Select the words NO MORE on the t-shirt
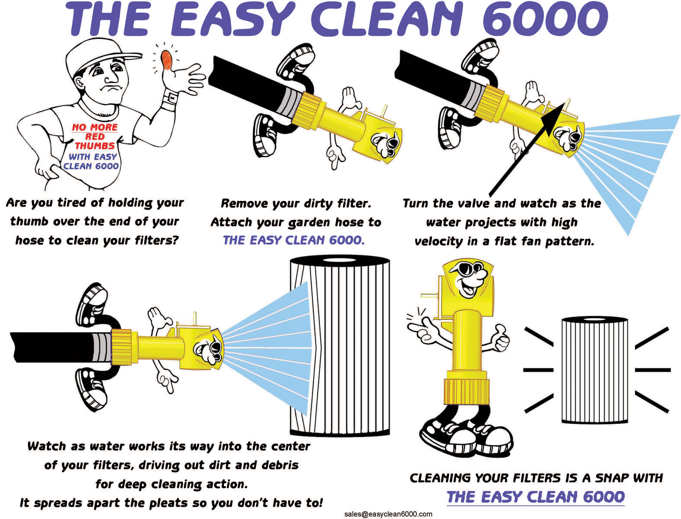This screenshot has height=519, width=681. point(95,127)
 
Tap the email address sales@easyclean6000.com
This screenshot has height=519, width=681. point(388,514)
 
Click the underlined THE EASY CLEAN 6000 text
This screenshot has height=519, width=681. point(535,497)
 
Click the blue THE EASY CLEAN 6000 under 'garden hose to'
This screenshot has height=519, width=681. point(294,240)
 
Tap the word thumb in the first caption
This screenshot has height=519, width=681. point(30,221)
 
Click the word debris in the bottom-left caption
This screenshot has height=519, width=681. point(280,465)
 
